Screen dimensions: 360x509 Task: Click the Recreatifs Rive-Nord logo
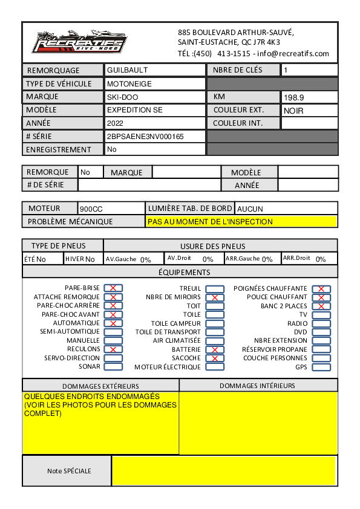coord(79,43)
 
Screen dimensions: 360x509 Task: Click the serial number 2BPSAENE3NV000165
coord(145,137)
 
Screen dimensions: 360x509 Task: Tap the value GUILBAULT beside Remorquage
coord(127,70)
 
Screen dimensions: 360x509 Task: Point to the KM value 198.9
coord(294,97)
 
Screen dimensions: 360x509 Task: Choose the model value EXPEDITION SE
coord(134,111)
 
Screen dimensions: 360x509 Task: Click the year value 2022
coord(115,123)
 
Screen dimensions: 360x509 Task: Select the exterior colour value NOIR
coord(293,111)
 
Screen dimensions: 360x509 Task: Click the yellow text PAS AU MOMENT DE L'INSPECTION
coord(210,222)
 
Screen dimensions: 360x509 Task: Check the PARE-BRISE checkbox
coord(113,288)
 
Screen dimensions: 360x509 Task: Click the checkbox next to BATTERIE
coord(215,350)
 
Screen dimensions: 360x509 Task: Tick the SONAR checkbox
coord(113,367)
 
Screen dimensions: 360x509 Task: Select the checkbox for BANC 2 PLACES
coord(321,306)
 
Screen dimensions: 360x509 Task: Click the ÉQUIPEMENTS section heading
coord(180,273)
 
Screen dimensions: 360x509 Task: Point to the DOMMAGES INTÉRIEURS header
coord(257,386)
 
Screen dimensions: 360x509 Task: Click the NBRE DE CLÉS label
coord(238,70)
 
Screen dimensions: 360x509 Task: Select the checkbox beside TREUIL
coord(215,288)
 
